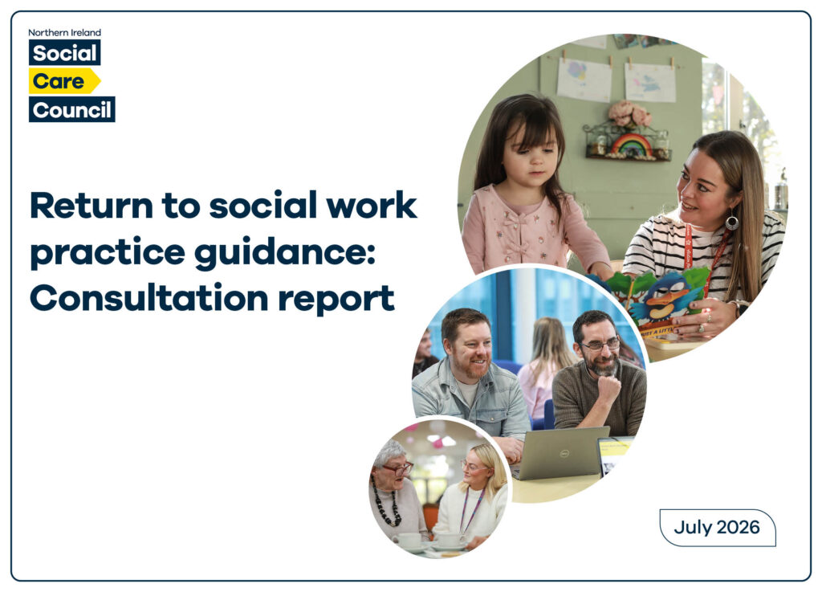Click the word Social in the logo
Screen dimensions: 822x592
[64, 53]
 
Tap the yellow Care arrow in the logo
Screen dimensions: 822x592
[64, 81]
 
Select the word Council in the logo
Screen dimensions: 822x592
[71, 110]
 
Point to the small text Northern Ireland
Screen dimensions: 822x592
[64, 32]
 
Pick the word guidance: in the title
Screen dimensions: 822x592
[285, 254]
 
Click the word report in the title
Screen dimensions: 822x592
[336, 300]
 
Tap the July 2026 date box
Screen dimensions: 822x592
[717, 528]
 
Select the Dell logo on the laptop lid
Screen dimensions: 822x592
[564, 453]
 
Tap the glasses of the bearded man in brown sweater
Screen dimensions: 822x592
[600, 345]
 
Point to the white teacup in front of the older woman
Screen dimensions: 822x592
[409, 540]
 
